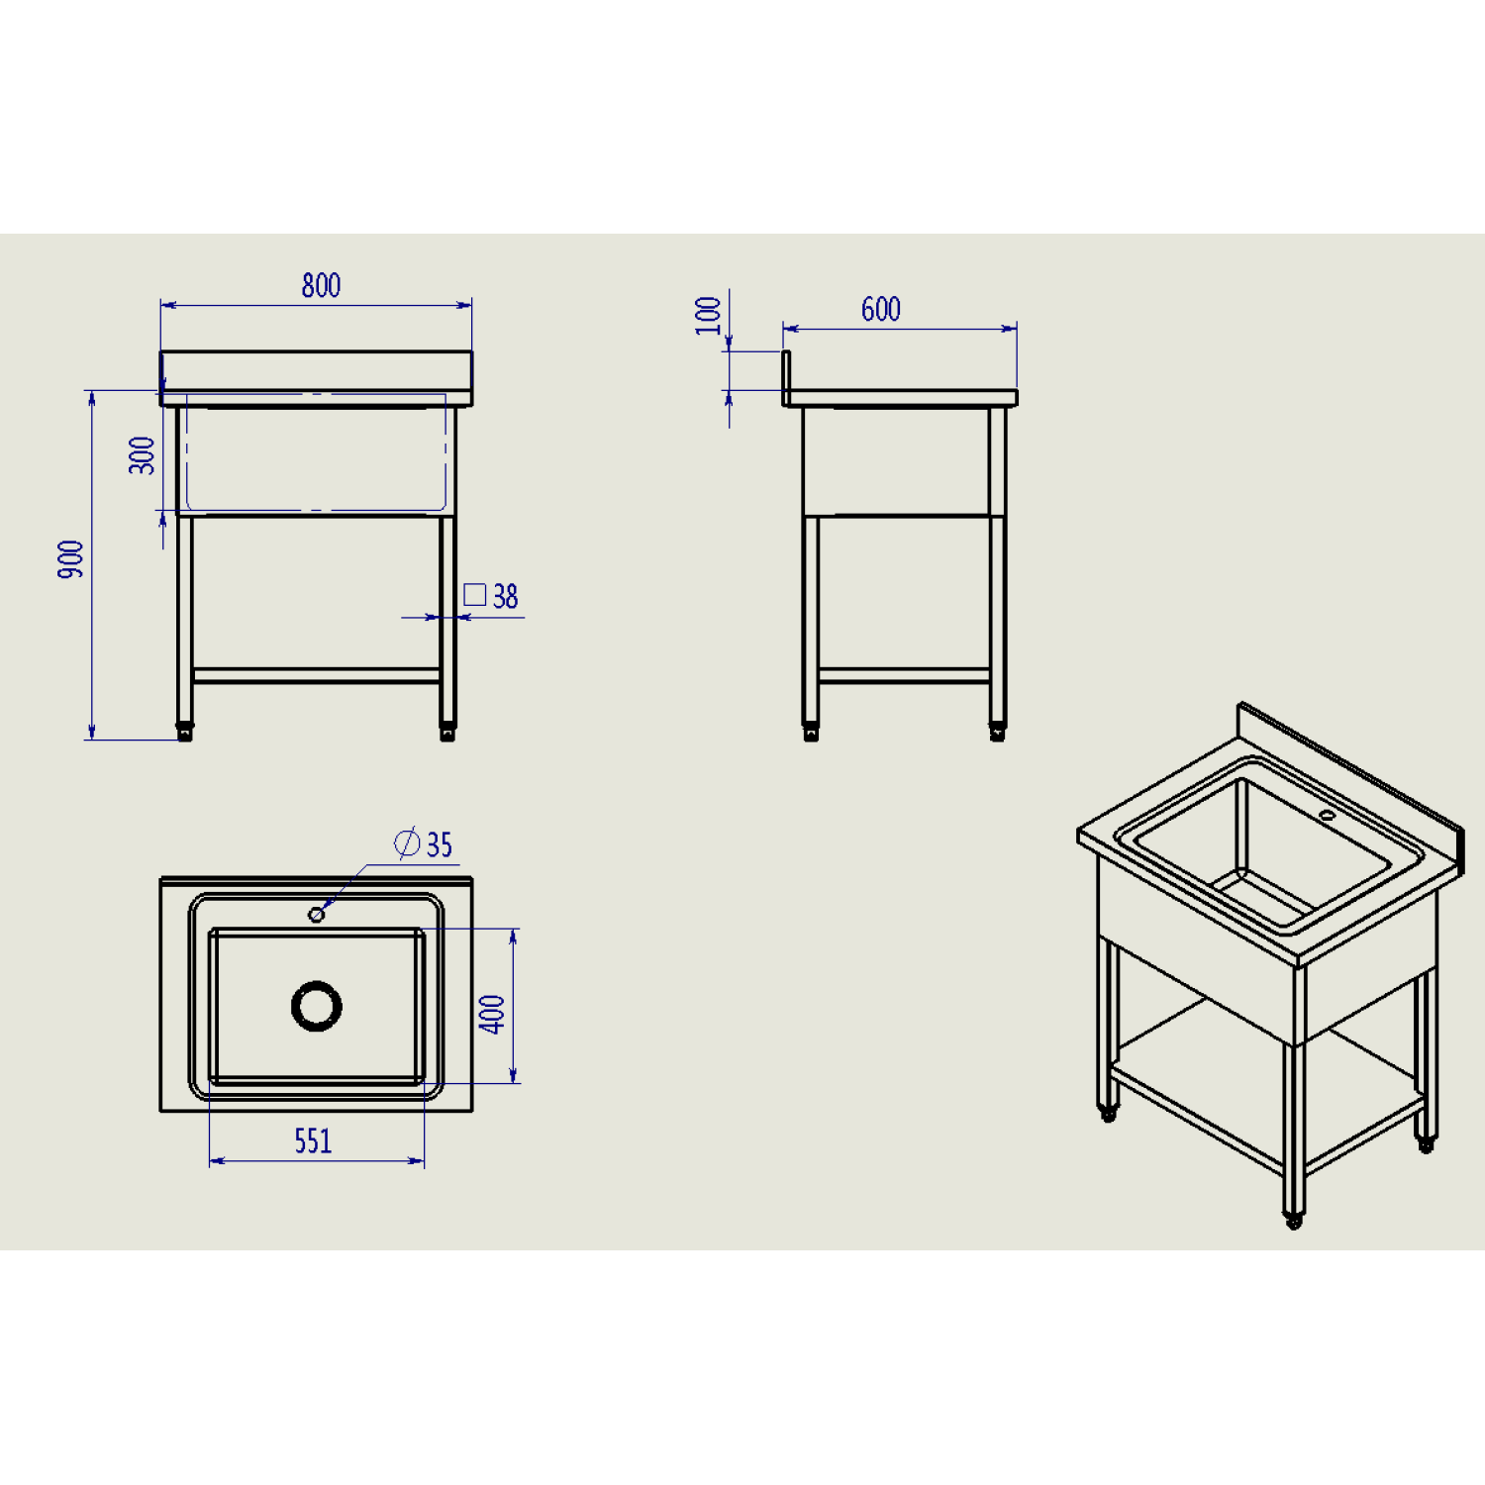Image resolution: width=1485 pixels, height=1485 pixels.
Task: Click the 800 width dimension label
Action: click(321, 285)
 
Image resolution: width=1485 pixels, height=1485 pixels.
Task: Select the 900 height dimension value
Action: click(71, 559)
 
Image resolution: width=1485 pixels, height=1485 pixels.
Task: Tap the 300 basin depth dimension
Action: click(143, 455)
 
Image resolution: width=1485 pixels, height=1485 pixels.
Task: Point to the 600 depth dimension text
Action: click(881, 310)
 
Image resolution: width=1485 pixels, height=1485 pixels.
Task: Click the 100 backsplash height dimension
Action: click(708, 316)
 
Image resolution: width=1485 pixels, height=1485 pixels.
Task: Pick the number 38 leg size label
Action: click(505, 597)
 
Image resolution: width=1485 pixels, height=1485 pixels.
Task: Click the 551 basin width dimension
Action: click(313, 1141)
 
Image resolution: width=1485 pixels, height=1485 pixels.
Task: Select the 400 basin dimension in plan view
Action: click(492, 1015)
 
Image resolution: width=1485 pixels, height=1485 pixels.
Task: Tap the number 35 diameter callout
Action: click(440, 844)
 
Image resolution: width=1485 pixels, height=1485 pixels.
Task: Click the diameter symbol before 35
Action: click(407, 843)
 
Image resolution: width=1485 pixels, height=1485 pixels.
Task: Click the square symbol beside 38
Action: click(475, 595)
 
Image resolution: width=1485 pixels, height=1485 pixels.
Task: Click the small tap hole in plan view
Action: click(317, 915)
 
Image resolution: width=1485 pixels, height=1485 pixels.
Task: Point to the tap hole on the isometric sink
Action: click(1327, 816)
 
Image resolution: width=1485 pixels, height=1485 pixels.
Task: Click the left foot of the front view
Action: click(185, 733)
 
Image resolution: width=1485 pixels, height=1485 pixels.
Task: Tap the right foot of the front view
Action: click(447, 733)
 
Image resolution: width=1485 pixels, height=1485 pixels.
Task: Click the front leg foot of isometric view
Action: click(1293, 1221)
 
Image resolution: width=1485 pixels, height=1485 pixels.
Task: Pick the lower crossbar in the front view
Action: click(317, 676)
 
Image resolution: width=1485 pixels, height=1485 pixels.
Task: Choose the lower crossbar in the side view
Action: click(905, 676)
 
